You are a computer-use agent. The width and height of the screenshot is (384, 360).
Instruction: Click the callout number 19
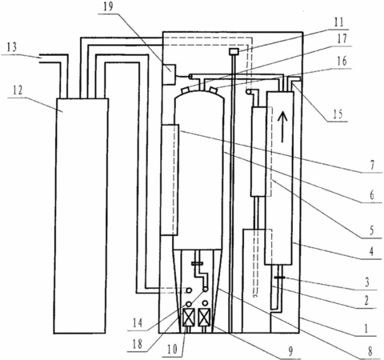click(109, 6)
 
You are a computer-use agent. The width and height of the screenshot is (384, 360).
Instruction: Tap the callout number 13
click(12, 47)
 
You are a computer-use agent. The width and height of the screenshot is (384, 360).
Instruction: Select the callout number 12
click(18, 90)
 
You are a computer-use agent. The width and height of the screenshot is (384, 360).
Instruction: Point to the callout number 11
click(339, 22)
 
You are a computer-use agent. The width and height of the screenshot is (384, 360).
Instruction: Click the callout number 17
click(342, 38)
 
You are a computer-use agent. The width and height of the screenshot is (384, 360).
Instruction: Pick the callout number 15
click(338, 114)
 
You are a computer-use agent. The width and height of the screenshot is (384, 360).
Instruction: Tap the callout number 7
click(372, 165)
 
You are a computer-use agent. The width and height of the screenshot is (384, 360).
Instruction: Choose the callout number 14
click(138, 323)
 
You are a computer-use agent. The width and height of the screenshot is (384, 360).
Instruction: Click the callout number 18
click(138, 344)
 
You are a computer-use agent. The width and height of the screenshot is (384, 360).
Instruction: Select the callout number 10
click(172, 349)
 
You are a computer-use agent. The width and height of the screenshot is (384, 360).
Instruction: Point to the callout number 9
click(291, 351)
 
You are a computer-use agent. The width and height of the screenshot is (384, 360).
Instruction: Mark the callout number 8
click(370, 352)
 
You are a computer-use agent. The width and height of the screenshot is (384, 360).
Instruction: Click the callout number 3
click(367, 282)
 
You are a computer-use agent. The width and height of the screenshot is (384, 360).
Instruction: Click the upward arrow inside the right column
click(283, 127)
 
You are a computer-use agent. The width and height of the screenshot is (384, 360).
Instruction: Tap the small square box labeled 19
click(169, 74)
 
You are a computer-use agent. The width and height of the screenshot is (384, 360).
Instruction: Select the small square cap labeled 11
click(234, 51)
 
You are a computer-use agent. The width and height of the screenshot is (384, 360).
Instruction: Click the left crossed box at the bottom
click(189, 318)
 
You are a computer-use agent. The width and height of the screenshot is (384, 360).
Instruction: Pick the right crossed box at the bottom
click(205, 318)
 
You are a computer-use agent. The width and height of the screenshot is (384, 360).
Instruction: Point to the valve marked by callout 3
click(279, 278)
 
